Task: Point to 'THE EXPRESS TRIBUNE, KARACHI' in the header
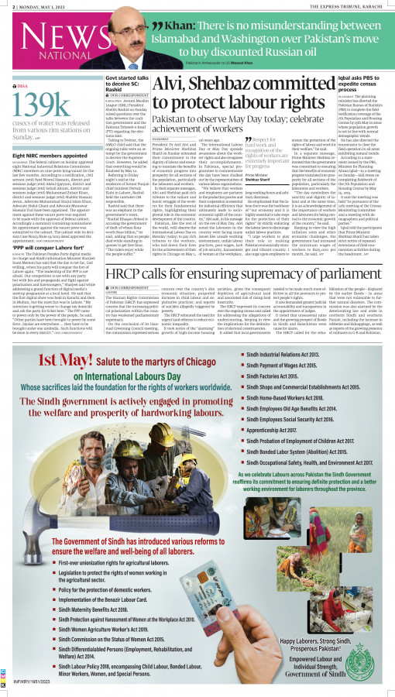pos(349,5)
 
